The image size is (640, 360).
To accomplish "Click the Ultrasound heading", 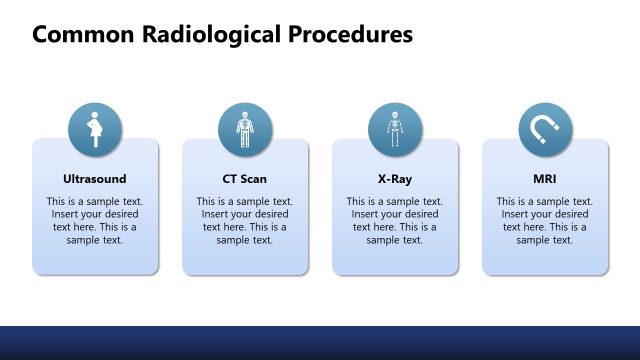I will pyautogui.click(x=95, y=179).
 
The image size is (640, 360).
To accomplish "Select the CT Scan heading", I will pyautogui.click(x=245, y=179).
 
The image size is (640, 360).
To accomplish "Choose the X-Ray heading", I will pyautogui.click(x=395, y=179).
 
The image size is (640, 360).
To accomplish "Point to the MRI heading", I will pyautogui.click(x=545, y=179).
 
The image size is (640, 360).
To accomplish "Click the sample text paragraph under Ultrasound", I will pyautogui.click(x=95, y=220).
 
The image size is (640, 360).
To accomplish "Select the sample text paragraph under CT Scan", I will pyautogui.click(x=245, y=220).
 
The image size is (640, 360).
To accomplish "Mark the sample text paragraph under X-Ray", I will pyautogui.click(x=395, y=220).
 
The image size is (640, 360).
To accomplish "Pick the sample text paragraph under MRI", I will pyautogui.click(x=545, y=220).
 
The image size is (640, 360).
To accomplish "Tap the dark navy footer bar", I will pyautogui.click(x=320, y=342).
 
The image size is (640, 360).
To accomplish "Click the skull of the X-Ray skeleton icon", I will pyautogui.click(x=395, y=115).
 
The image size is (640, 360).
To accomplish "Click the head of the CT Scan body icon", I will pyautogui.click(x=245, y=115).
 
